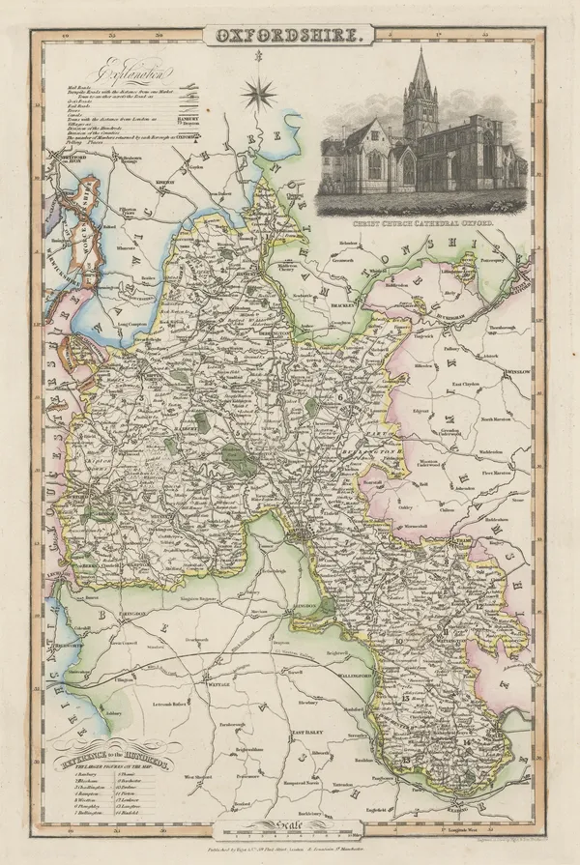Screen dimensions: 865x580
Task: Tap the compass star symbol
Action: [258, 95]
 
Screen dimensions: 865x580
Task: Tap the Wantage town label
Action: [221, 657]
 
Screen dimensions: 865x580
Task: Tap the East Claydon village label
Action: [469, 384]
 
